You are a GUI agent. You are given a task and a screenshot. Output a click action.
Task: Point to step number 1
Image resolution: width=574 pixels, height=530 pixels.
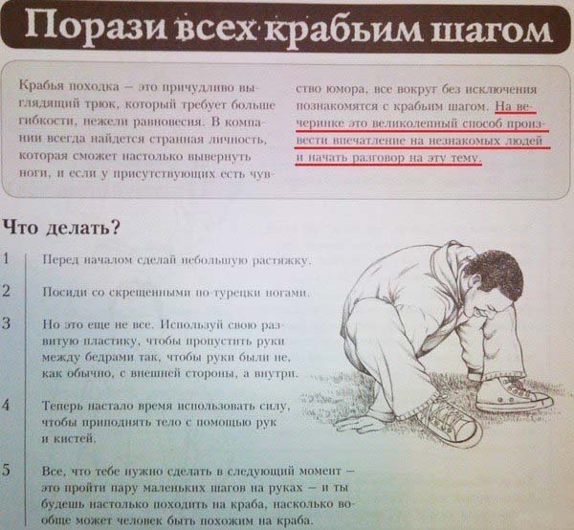tap(8, 259)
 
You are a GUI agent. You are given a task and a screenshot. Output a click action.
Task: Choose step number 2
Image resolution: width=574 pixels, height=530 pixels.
tap(8, 290)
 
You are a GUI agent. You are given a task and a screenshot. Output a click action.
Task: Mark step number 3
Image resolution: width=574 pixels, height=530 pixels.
tap(8, 321)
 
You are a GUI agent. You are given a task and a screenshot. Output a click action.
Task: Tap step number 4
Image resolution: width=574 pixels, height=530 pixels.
tap(8, 405)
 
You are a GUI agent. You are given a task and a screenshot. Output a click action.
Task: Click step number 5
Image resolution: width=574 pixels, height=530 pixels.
tap(8, 470)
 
